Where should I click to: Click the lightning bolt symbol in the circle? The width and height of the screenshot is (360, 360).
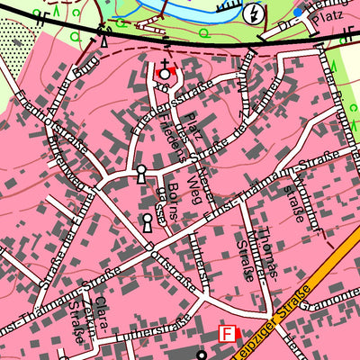pos(256,13)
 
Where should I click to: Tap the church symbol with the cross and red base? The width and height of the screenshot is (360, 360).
pos(165,71)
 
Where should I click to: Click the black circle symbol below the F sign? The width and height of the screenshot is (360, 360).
pos(202,354)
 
